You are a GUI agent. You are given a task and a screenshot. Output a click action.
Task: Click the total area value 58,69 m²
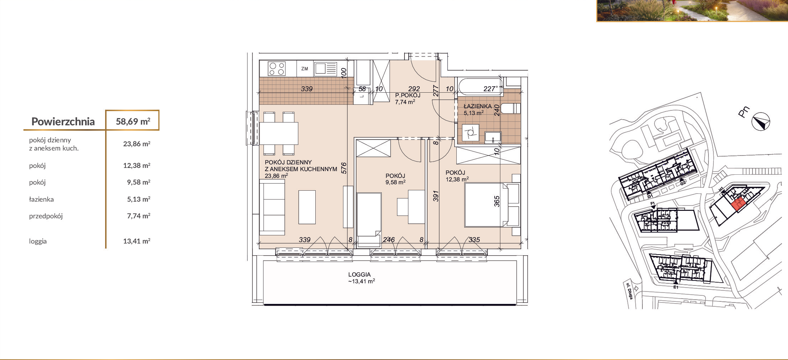[133, 121]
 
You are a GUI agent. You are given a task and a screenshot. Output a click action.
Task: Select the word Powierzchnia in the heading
[63, 122]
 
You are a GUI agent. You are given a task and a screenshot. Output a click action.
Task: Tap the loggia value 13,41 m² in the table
[137, 241]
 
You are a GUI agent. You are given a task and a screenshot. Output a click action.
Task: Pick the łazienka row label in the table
[41, 199]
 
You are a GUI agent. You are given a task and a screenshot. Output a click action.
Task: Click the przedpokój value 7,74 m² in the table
[138, 216]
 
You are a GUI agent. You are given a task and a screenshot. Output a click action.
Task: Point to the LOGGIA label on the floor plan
[359, 274]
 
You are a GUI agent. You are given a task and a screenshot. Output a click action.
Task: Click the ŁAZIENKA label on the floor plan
[478, 106]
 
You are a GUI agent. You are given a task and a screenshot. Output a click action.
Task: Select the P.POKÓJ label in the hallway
[408, 96]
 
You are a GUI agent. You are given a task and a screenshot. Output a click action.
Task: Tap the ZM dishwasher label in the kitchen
[305, 69]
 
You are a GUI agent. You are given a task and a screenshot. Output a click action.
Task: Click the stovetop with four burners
[277, 69]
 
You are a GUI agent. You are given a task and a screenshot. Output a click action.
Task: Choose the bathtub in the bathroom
[480, 87]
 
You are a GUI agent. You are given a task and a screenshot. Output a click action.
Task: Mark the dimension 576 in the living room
[344, 168]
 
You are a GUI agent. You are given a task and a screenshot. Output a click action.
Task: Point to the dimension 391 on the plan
[436, 196]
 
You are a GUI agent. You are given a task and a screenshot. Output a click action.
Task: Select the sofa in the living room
[272, 207]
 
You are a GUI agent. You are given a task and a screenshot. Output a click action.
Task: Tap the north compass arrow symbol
[761, 122]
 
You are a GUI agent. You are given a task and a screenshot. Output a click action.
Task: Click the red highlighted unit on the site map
[738, 204]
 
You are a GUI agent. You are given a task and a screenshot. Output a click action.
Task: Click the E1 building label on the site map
[676, 287]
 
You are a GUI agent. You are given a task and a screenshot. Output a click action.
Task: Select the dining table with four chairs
[279, 133]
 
